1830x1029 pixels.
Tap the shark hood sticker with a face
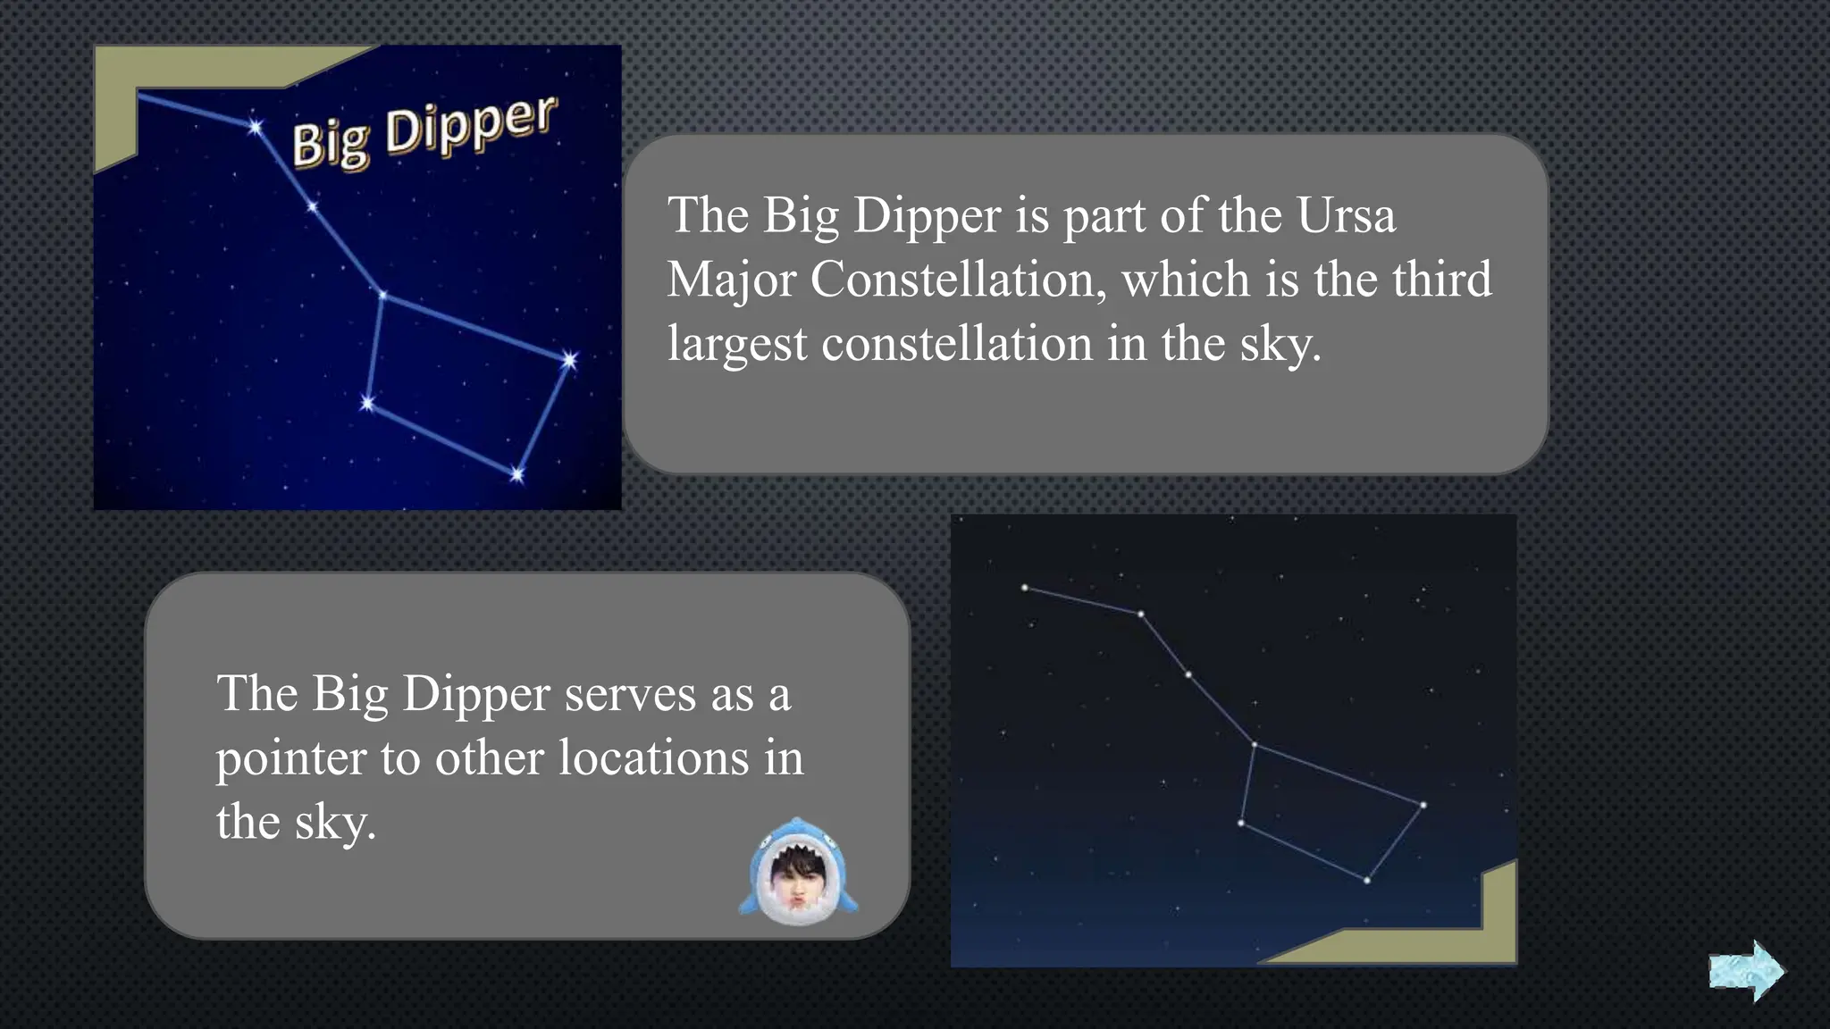[798, 872]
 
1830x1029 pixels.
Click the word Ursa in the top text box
[1346, 215]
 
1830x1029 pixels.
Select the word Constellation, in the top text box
[953, 280]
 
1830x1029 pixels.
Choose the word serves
[630, 694]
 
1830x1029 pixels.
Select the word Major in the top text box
[732, 280]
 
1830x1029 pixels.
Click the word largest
[736, 345]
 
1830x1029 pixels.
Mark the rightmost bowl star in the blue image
[569, 360]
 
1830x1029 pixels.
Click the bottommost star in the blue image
[517, 474]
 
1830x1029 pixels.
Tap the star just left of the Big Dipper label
[256, 127]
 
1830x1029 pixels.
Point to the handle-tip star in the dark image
[1025, 588]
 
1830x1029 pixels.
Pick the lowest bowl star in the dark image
[1367, 881]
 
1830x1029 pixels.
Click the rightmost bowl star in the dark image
[1423, 805]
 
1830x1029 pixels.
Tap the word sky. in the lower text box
[335, 823]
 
